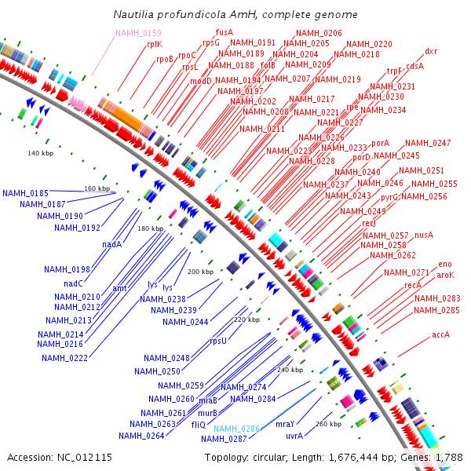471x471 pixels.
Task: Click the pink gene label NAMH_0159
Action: pyautogui.click(x=138, y=33)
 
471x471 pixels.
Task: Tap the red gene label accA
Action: pyautogui.click(x=440, y=335)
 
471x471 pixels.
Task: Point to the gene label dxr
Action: pyautogui.click(x=431, y=52)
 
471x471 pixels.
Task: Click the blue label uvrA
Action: pyautogui.click(x=294, y=435)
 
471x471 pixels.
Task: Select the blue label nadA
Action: pyautogui.click(x=111, y=244)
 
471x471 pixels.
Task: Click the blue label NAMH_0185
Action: pyautogui.click(x=25, y=193)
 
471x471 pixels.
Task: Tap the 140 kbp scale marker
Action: pyautogui.click(x=40, y=152)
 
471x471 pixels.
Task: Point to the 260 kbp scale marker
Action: pyautogui.click(x=328, y=424)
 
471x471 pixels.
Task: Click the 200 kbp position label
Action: pyautogui.click(x=199, y=272)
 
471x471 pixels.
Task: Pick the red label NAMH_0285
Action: pyautogui.click(x=436, y=310)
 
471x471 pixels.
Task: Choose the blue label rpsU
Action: pyautogui.click(x=217, y=341)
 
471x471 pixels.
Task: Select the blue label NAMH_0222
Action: pyautogui.click(x=64, y=358)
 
